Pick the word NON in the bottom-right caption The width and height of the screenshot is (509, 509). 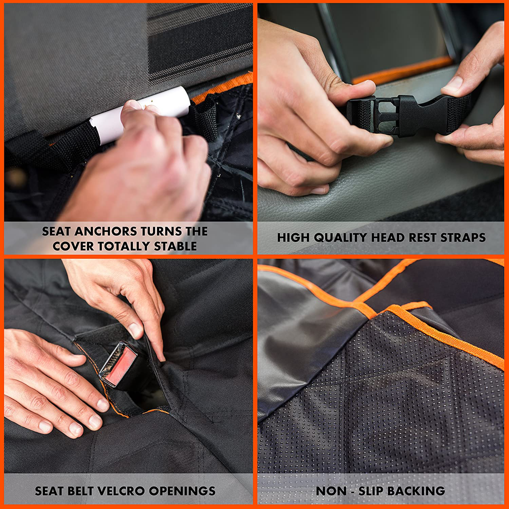pyautogui.click(x=331, y=491)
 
